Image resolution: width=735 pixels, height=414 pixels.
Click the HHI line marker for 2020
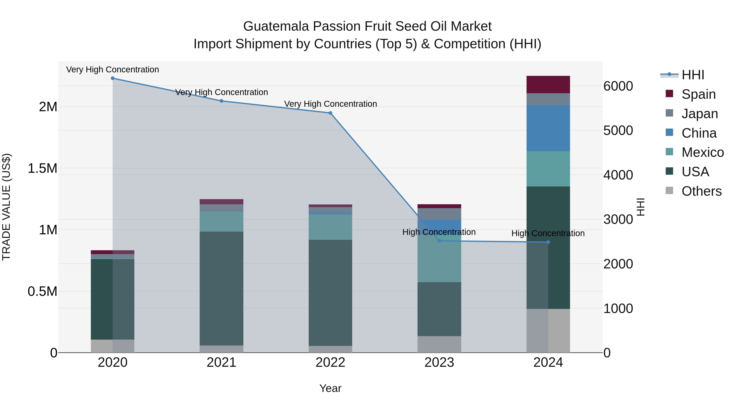tap(112, 78)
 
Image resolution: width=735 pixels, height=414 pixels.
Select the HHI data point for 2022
tap(330, 113)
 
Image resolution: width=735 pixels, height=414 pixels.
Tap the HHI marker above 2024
tap(548, 242)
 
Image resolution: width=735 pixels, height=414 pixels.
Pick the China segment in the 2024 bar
tap(548, 128)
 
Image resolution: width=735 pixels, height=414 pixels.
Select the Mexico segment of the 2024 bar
tap(548, 169)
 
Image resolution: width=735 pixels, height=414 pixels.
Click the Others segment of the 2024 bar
tap(548, 331)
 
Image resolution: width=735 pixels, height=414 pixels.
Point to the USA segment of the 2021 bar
tap(221, 288)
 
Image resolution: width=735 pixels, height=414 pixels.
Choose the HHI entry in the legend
tap(693, 75)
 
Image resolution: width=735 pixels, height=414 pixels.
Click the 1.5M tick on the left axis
tap(42, 168)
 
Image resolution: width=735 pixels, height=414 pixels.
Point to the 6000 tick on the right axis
tap(618, 86)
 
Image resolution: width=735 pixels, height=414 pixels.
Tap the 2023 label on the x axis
tap(439, 362)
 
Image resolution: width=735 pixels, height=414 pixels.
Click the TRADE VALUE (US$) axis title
tap(6, 207)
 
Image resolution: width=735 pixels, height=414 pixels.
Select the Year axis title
tap(330, 388)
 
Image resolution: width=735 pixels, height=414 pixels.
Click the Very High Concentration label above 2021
tap(221, 92)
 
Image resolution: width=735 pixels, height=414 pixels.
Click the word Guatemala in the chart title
tap(276, 26)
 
